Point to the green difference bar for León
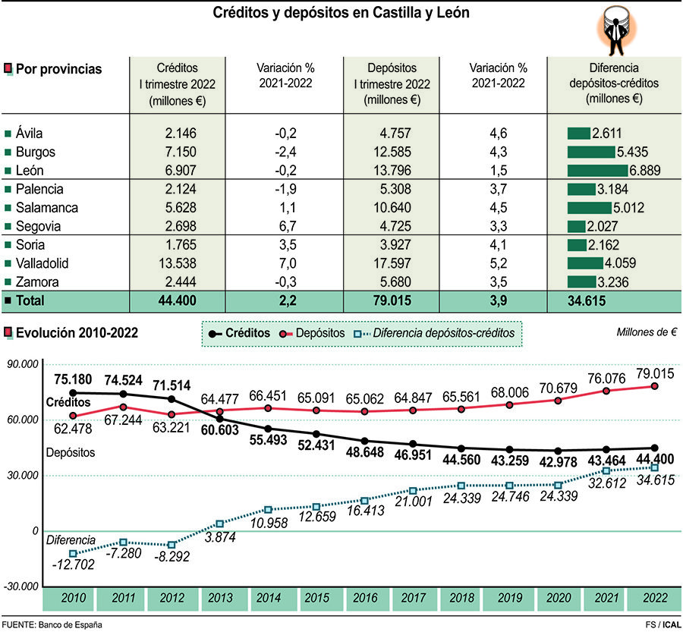(x=597, y=170)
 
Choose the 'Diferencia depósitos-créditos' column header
(x=614, y=83)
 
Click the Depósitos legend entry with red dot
(x=312, y=333)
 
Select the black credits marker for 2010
(x=74, y=393)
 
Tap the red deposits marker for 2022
(x=654, y=386)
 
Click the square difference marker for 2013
(x=220, y=524)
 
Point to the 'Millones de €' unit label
(x=647, y=332)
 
